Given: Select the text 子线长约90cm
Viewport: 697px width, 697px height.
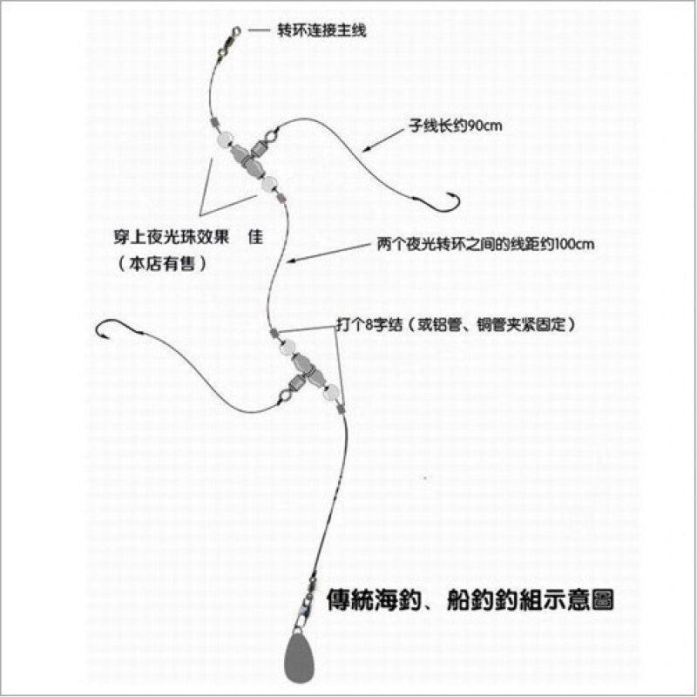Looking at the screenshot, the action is point(455,126).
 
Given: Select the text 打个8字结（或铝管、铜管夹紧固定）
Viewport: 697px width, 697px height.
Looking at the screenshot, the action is point(456,324).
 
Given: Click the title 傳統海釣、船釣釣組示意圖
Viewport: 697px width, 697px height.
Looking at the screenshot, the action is point(476,600).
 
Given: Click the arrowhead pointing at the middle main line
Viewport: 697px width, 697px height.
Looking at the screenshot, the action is point(291,259).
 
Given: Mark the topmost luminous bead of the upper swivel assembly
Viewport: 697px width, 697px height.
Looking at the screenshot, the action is point(221,139).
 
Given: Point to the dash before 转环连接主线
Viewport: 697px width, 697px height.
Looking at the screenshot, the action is point(259,30).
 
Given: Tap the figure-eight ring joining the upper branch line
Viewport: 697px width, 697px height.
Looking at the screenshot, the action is point(271,137).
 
